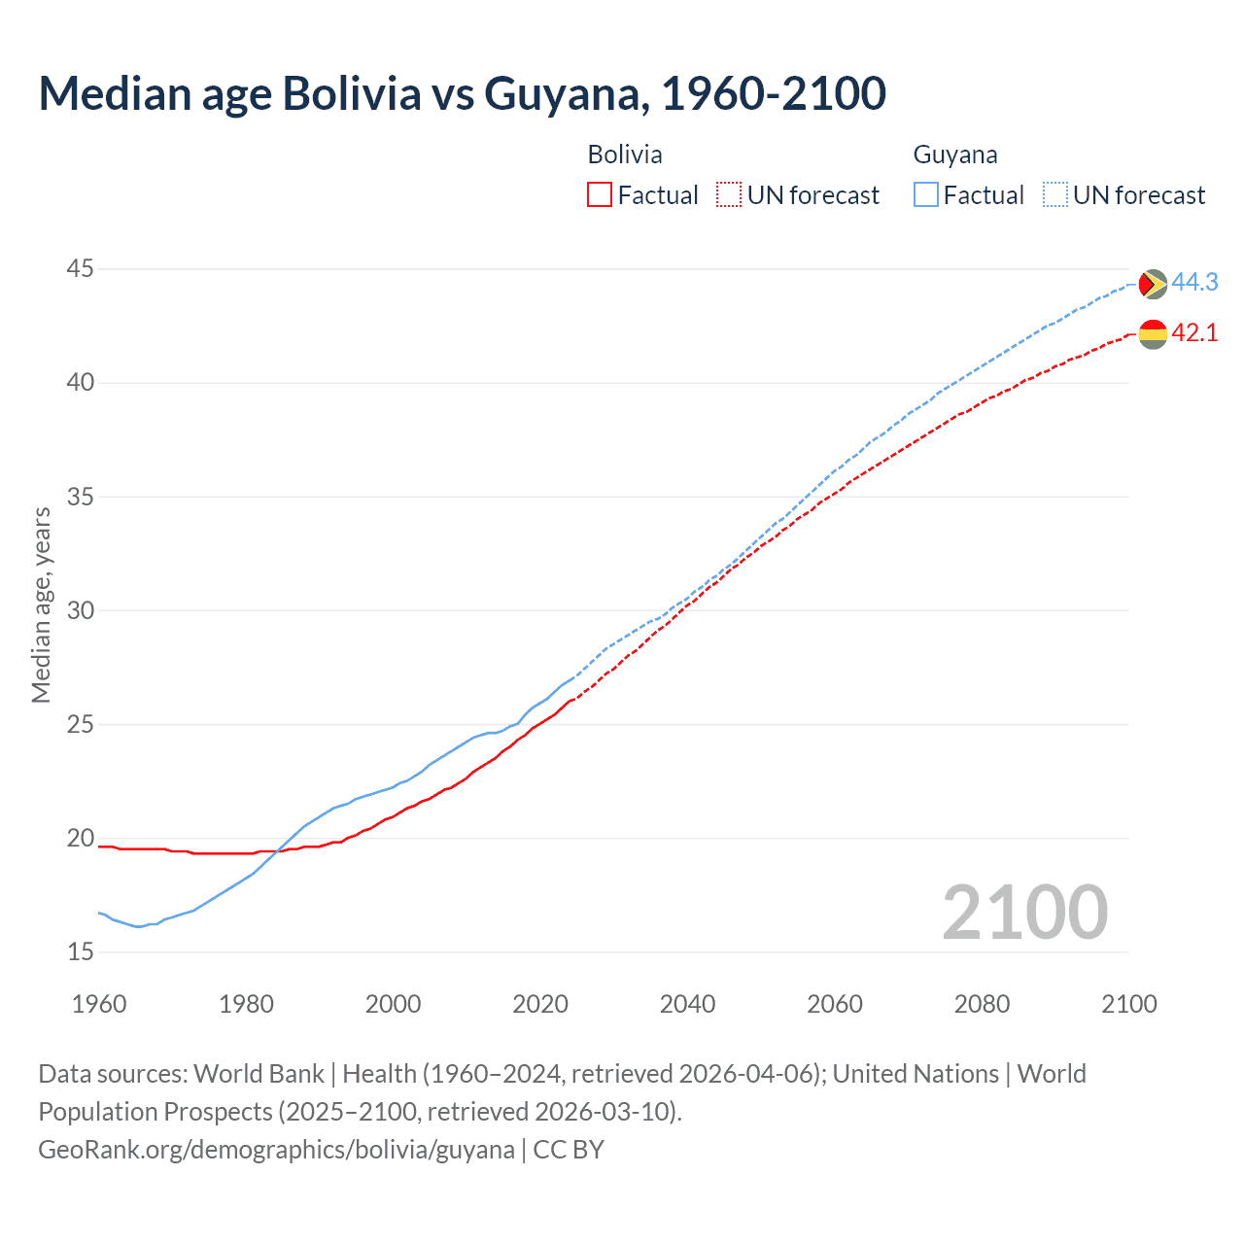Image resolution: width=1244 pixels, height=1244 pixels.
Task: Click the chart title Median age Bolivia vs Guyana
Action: pyautogui.click(x=462, y=93)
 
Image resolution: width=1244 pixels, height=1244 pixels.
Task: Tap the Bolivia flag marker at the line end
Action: pyautogui.click(x=1152, y=333)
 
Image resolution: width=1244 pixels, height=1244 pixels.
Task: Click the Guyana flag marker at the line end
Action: pyautogui.click(x=1152, y=284)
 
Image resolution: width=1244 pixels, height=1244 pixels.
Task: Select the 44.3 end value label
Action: pyautogui.click(x=1194, y=283)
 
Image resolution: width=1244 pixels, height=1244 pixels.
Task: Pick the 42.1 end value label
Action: pyautogui.click(x=1194, y=333)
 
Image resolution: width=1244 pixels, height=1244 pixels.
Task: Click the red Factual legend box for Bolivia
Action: pyautogui.click(x=600, y=195)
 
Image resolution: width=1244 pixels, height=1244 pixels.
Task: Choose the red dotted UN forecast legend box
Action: pyautogui.click(x=729, y=195)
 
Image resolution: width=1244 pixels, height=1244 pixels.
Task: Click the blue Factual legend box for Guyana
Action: pyautogui.click(x=926, y=195)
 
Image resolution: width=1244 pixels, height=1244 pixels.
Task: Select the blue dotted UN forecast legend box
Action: pyautogui.click(x=1054, y=195)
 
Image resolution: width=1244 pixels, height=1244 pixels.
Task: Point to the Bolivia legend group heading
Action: pyautogui.click(x=625, y=155)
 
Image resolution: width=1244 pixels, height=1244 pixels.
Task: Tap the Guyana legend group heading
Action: pyautogui.click(x=954, y=155)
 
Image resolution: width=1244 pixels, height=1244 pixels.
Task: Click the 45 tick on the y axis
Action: pyautogui.click(x=81, y=269)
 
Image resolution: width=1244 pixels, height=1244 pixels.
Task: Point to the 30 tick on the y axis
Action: pyautogui.click(x=81, y=611)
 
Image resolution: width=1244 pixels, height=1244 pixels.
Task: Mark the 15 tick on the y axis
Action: pyautogui.click(x=81, y=952)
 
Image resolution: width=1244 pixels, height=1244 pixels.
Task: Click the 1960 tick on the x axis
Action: pyautogui.click(x=99, y=1004)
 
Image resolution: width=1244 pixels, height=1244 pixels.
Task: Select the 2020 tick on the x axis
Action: pyautogui.click(x=540, y=1004)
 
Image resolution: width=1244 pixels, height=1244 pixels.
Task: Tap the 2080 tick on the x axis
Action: pyautogui.click(x=982, y=1004)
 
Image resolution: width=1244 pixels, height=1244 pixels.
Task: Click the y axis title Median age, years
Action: pyautogui.click(x=41, y=605)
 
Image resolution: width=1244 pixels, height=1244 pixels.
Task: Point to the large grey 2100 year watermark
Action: pyautogui.click(x=1024, y=913)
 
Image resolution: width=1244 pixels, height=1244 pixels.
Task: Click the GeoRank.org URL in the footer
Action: pyautogui.click(x=276, y=1150)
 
